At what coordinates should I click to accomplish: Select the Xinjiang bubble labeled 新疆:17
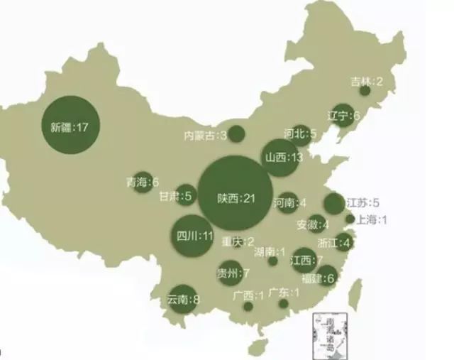coord(70,126)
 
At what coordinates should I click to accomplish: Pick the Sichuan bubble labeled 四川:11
coord(192,236)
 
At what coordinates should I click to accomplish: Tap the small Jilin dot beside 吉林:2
coord(365,90)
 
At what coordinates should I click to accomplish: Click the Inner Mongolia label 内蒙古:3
coord(205,135)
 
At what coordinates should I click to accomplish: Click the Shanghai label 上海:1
coord(372,219)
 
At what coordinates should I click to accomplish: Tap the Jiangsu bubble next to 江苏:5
coord(334,203)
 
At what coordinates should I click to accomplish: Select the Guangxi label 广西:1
coord(248,295)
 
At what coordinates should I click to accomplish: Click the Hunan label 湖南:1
coord(270,251)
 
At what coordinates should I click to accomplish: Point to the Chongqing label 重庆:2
coord(238,241)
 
